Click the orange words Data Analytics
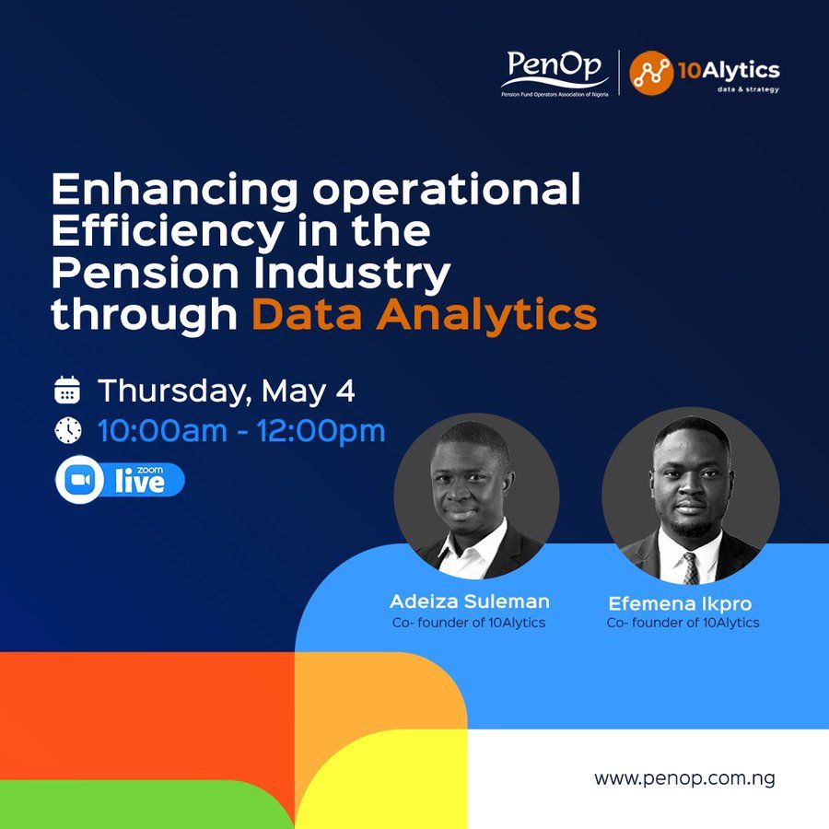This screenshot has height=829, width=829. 425,313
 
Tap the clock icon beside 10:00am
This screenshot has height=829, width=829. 68,430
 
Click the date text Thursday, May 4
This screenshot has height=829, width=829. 226,390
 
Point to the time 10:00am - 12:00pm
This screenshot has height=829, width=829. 241,430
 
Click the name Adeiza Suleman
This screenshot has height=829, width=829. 470,601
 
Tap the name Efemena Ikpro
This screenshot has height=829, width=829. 681,604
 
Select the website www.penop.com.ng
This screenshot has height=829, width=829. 684,778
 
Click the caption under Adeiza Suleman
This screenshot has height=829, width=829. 470,623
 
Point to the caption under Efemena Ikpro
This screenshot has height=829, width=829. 683,623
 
